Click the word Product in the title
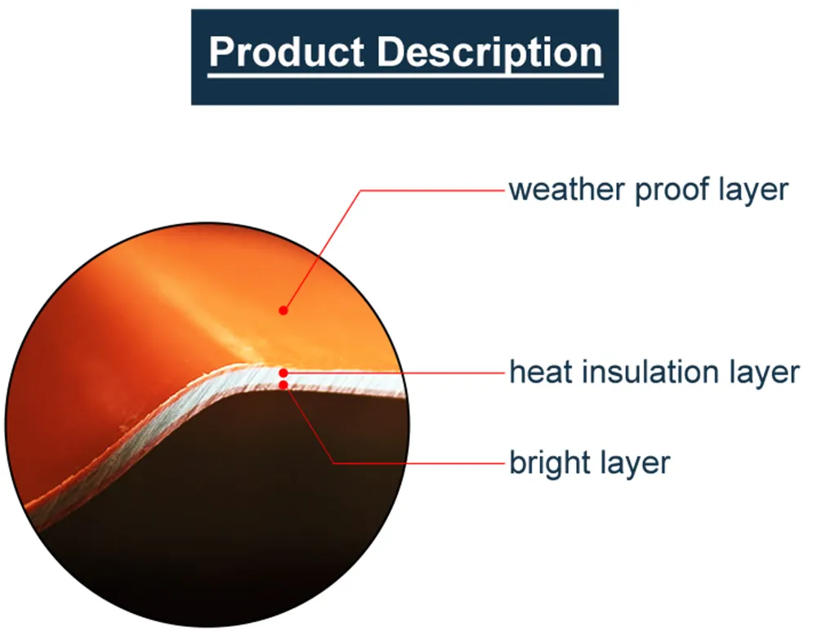pyautogui.click(x=287, y=52)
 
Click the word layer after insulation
pyautogui.click(x=765, y=374)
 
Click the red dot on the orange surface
pyautogui.click(x=283, y=311)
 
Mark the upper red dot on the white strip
pyautogui.click(x=283, y=373)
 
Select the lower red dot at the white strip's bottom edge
pyautogui.click(x=283, y=385)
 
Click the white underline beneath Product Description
pyautogui.click(x=405, y=76)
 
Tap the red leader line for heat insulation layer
pyautogui.click(x=395, y=373)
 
